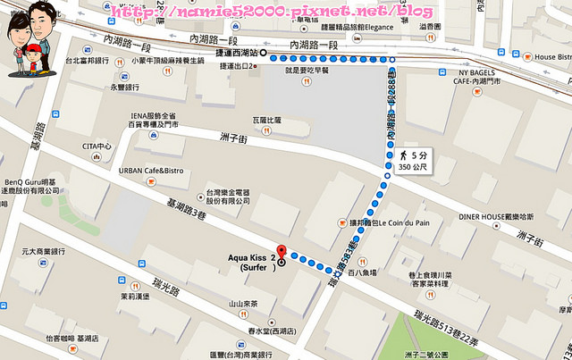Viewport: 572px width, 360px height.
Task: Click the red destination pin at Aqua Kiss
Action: [282, 253]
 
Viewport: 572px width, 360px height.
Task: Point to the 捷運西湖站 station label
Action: [236, 53]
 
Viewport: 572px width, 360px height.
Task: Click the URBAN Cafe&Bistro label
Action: [151, 170]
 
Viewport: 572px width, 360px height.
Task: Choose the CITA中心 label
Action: [97, 147]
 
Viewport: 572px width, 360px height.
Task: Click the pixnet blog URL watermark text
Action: [275, 12]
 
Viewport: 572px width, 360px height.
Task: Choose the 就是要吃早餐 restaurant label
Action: [306, 69]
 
